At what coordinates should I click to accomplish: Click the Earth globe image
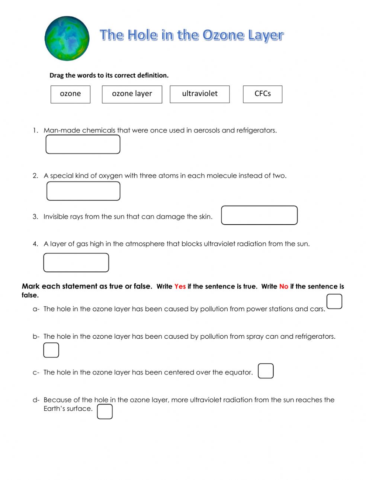point(67,38)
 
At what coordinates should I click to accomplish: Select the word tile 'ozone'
point(70,94)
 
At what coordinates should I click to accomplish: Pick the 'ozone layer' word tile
point(132,94)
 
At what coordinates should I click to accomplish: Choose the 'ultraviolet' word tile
point(200,94)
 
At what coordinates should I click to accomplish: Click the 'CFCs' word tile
point(263,94)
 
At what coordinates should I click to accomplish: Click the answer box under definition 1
point(83,144)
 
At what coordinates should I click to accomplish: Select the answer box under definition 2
point(83,191)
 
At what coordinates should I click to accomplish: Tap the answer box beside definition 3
point(259,215)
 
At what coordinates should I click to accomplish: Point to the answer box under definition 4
point(76,262)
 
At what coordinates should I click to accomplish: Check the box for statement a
point(334,302)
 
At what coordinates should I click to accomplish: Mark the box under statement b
point(51,350)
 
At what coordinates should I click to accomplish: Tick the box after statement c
point(266,371)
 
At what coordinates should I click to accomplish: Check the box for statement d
point(105,412)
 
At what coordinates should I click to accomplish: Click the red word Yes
point(180,286)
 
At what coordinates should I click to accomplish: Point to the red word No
point(284,286)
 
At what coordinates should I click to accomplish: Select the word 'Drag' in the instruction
point(57,75)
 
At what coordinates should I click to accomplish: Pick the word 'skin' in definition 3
point(205,216)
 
